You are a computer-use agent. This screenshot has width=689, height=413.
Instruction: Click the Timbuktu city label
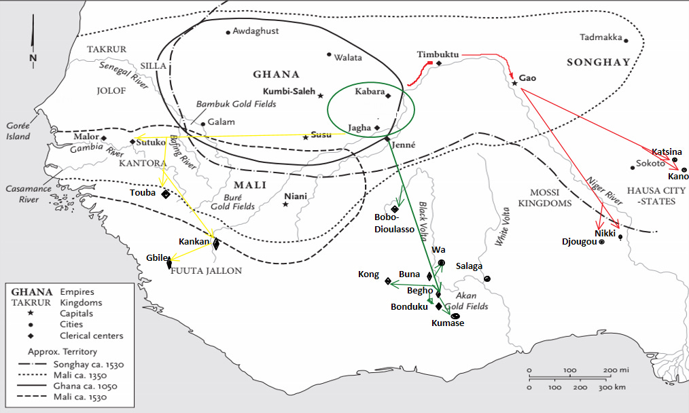click(438, 54)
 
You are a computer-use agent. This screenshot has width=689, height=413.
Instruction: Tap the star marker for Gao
click(514, 84)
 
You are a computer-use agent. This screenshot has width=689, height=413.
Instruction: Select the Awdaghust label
click(255, 31)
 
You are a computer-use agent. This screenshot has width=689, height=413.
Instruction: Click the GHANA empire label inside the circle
click(276, 75)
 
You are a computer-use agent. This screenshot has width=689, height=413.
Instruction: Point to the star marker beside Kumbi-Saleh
click(321, 96)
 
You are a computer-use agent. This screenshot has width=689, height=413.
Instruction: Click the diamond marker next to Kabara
click(388, 96)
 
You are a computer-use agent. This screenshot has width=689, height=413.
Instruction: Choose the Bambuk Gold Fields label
click(236, 104)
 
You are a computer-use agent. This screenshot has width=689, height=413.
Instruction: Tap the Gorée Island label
click(18, 131)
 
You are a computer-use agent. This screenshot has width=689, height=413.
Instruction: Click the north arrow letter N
click(33, 58)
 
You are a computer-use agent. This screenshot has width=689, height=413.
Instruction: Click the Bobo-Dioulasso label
click(393, 223)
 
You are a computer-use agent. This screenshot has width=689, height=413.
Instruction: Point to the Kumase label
click(448, 323)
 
